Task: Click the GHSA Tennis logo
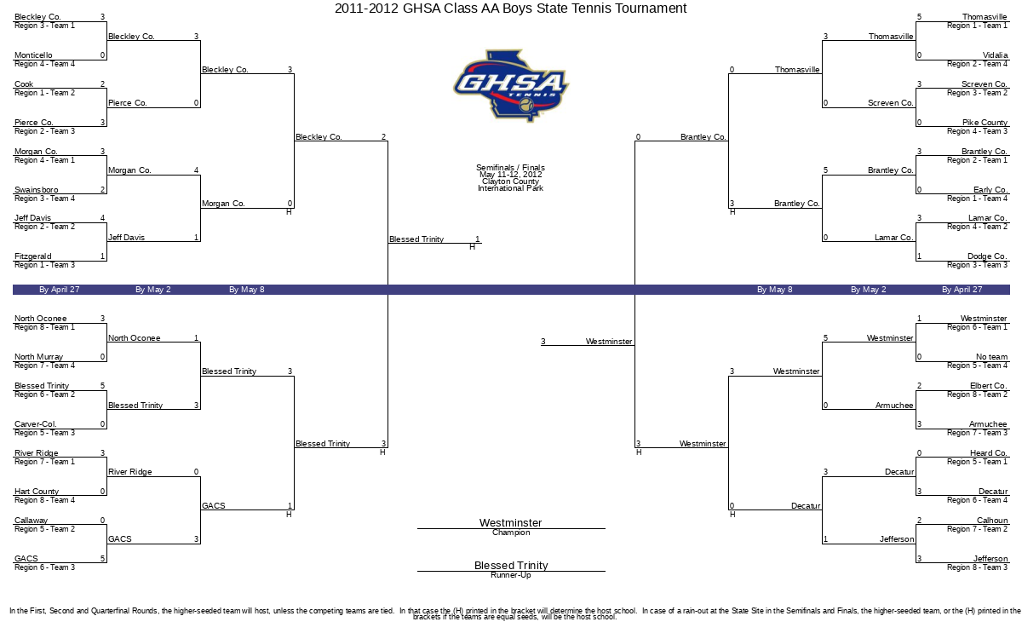tap(510, 84)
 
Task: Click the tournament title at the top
tap(510, 9)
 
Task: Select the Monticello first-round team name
tap(33, 55)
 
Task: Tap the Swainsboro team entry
tap(36, 190)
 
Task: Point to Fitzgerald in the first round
tap(33, 256)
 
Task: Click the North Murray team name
tap(38, 357)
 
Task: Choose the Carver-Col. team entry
tap(36, 424)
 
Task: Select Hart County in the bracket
tap(37, 492)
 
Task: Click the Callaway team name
tap(31, 521)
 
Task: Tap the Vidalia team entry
tap(995, 55)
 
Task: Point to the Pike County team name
tap(985, 123)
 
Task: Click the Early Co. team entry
tap(990, 190)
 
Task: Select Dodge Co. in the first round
tap(987, 256)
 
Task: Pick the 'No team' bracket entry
tap(991, 357)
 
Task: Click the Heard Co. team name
tap(989, 453)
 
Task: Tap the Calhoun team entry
tap(992, 521)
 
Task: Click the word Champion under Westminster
tap(511, 533)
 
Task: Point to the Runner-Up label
tap(511, 576)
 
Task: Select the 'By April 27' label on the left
tap(60, 290)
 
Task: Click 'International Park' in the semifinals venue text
tap(510, 188)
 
